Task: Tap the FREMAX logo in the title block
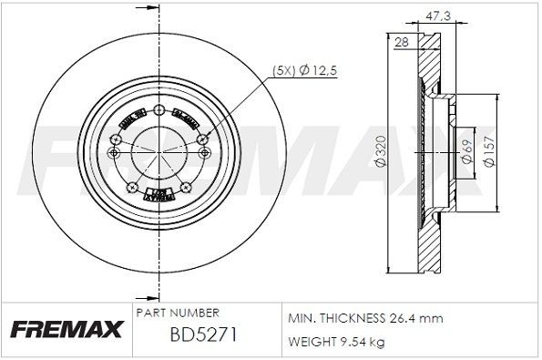click(65, 328)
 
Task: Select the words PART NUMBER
click(176, 313)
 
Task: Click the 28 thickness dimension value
click(400, 42)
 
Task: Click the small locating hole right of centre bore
click(203, 153)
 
